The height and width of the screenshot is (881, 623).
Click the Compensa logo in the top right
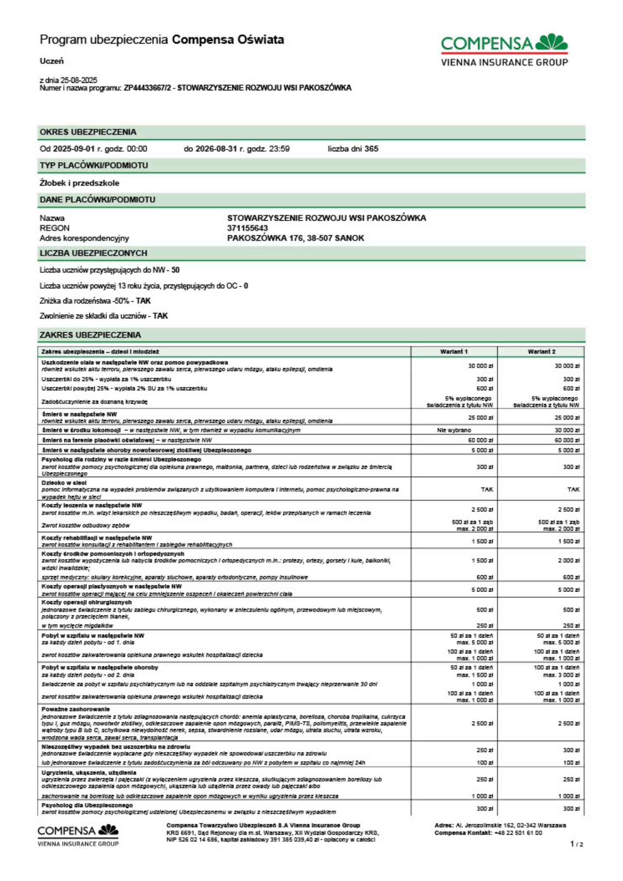pos(504,50)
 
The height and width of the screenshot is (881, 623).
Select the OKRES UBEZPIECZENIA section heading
pos(88,132)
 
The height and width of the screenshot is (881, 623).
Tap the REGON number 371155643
pos(247,228)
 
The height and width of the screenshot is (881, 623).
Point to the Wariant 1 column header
pos(454,352)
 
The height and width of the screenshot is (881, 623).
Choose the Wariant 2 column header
pos(541,352)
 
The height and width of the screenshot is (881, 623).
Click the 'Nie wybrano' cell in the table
pos(454,430)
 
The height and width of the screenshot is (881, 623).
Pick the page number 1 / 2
pos(576,844)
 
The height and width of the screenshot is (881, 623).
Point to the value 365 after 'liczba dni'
pos(371,149)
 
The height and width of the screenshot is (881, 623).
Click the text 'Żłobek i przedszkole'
pos(79,183)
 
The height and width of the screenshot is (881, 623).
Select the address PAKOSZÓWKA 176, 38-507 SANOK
pos(296,238)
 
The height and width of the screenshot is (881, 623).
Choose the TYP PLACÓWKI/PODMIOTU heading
pos(94,166)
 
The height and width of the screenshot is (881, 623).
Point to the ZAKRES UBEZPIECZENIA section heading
pos(90,335)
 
